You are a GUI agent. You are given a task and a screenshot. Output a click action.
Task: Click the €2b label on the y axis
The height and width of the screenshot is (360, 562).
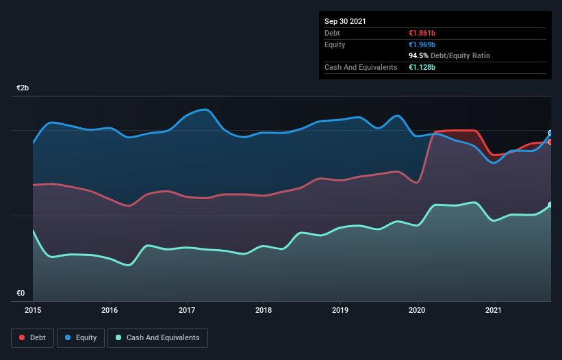click(x=23, y=88)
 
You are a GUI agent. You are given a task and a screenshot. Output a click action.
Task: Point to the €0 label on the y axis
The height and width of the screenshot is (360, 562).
click(x=21, y=294)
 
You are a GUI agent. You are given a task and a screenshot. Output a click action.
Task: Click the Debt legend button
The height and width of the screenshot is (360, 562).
click(x=31, y=337)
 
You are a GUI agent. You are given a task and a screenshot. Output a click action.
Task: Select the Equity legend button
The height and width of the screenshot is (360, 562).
click(x=81, y=337)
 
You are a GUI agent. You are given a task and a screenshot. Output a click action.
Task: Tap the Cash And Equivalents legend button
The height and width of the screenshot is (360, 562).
click(x=157, y=337)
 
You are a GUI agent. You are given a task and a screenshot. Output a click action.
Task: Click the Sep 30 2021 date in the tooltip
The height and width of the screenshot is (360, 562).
click(x=345, y=21)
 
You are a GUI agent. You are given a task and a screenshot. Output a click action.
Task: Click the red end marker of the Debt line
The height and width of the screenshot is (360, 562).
click(x=550, y=142)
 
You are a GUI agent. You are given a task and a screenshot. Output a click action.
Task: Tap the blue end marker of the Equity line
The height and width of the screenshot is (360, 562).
click(x=550, y=133)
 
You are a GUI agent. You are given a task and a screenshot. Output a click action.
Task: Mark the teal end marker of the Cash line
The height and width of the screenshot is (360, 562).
click(x=550, y=205)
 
